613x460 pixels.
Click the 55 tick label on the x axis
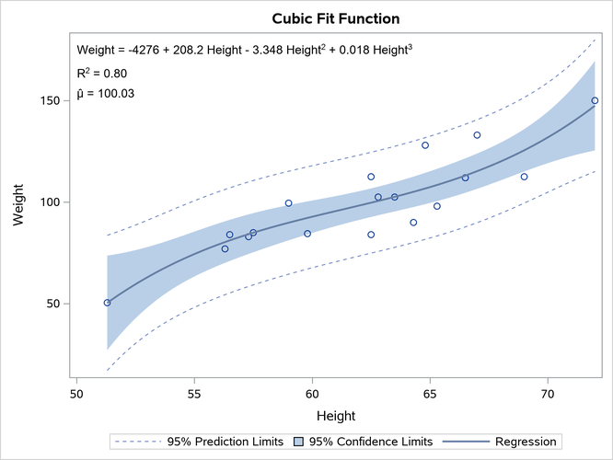pos(194,392)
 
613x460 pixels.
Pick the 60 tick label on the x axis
pos(312,392)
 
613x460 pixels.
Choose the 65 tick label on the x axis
pos(430,392)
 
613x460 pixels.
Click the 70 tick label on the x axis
pos(548,392)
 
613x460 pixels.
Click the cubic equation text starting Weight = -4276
pos(244,50)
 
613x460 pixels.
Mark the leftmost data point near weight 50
pos(107,303)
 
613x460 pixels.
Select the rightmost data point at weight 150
pos(595,100)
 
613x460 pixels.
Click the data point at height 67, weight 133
pos(477,135)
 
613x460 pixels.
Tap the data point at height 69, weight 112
pos(524,177)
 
